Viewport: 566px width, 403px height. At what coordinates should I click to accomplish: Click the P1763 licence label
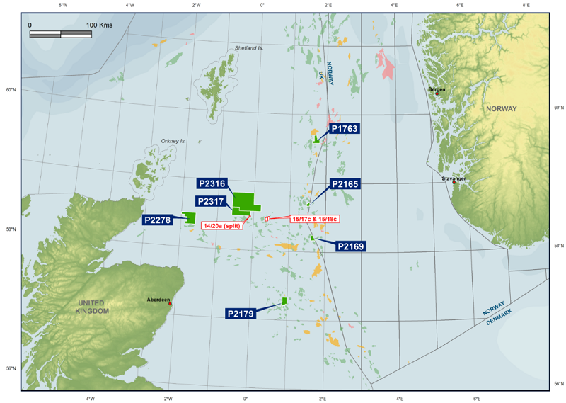pyautogui.click(x=344, y=129)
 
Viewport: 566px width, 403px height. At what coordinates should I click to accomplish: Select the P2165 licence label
pyautogui.click(x=345, y=184)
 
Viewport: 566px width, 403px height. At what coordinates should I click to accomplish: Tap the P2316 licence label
pyautogui.click(x=212, y=184)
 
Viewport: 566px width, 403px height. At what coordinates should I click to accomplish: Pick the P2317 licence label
pyautogui.click(x=212, y=201)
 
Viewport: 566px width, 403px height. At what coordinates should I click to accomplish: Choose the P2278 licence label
pyautogui.click(x=157, y=220)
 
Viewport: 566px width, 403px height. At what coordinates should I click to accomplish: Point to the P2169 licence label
pyautogui.click(x=351, y=246)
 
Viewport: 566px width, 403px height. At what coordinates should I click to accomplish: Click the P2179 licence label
pyautogui.click(x=241, y=313)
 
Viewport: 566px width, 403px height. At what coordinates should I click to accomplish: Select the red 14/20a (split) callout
pyautogui.click(x=222, y=225)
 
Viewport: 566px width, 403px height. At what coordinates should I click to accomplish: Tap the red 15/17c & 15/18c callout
pyautogui.click(x=315, y=219)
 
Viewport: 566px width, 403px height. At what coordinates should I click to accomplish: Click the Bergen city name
pyautogui.click(x=437, y=89)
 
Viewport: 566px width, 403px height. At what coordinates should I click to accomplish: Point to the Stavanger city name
pyautogui.click(x=454, y=178)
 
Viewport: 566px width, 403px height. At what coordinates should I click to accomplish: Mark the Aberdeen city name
pyautogui.click(x=157, y=300)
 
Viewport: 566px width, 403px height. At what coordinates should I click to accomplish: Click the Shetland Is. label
pyautogui.click(x=249, y=49)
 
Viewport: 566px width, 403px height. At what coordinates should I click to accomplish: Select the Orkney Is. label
pyautogui.click(x=173, y=141)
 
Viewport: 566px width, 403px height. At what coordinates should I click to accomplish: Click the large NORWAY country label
pyautogui.click(x=502, y=109)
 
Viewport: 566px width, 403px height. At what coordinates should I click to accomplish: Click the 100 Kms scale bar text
pyautogui.click(x=100, y=25)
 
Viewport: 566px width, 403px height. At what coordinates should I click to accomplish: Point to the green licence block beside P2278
pyautogui.click(x=189, y=218)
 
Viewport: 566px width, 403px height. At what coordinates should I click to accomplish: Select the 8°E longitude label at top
pyautogui.click(x=526, y=5)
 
